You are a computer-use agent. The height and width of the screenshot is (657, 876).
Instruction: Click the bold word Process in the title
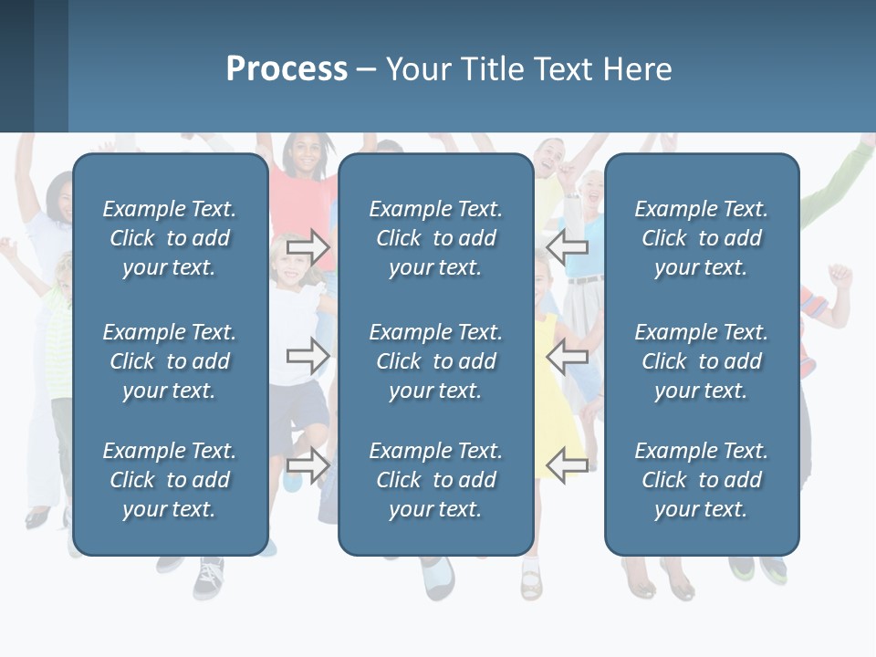pyautogui.click(x=287, y=69)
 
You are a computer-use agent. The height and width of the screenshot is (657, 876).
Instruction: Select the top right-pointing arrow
pyautogui.click(x=308, y=247)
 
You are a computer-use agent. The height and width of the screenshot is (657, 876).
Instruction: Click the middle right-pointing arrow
pyautogui.click(x=308, y=355)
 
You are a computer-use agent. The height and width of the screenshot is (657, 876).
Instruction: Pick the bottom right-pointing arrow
pyautogui.click(x=308, y=464)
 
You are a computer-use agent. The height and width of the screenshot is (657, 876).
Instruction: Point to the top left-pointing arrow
pyautogui.click(x=568, y=247)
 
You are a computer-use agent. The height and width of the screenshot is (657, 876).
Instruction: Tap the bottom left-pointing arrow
pyautogui.click(x=568, y=464)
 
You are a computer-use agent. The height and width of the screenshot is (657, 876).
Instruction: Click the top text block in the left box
pyautogui.click(x=170, y=238)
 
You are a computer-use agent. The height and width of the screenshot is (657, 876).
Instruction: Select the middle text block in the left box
pyautogui.click(x=170, y=361)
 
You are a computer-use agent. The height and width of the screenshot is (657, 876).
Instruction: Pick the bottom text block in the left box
pyautogui.click(x=170, y=480)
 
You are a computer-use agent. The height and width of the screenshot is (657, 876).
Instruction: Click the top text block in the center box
pyautogui.click(x=435, y=238)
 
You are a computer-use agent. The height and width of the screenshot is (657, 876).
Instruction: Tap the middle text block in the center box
pyautogui.click(x=435, y=361)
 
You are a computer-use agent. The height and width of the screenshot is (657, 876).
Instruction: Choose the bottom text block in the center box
pyautogui.click(x=435, y=480)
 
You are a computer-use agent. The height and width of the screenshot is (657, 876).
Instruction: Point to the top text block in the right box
pyautogui.click(x=701, y=238)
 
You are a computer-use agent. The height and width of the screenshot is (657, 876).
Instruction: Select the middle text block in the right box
pyautogui.click(x=701, y=361)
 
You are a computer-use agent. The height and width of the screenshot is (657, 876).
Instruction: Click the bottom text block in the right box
pyautogui.click(x=701, y=480)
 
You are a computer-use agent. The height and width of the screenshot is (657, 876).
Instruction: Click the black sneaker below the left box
pyautogui.click(x=208, y=576)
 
